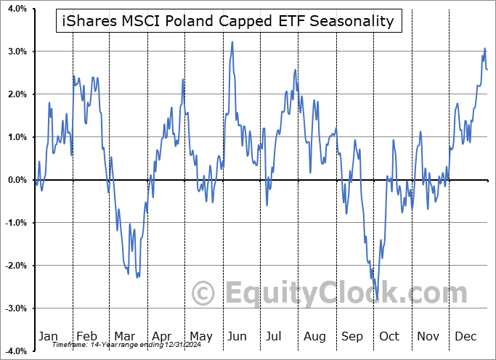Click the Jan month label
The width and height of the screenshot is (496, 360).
point(47,337)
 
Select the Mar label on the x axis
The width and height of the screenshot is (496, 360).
point(123,337)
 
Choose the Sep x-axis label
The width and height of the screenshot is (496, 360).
point(352,337)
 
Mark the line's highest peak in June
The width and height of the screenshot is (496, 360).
point(232,42)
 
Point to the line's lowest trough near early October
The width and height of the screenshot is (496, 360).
point(377,300)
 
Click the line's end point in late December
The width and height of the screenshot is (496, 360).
point(487,70)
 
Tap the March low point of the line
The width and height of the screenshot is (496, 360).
point(137,277)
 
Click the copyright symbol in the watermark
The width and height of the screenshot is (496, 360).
point(204,293)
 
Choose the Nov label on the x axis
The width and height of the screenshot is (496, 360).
point(428,337)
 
